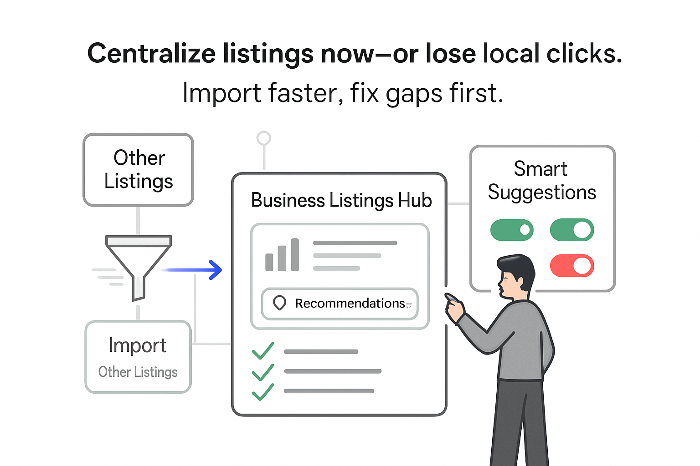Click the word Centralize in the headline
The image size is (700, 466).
(x=151, y=53)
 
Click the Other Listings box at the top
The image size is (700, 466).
(x=139, y=170)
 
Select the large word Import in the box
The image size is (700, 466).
(x=138, y=345)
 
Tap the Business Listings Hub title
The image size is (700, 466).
(x=341, y=200)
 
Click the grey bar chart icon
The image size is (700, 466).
(x=282, y=256)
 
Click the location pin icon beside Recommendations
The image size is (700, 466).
(x=279, y=303)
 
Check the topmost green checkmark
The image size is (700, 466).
(x=263, y=351)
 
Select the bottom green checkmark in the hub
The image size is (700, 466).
(x=263, y=392)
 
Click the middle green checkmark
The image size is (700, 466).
(x=263, y=372)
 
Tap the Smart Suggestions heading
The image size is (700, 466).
(x=541, y=181)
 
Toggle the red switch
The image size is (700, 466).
(x=572, y=266)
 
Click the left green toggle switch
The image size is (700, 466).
(x=512, y=230)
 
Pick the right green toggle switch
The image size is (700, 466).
(x=572, y=230)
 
